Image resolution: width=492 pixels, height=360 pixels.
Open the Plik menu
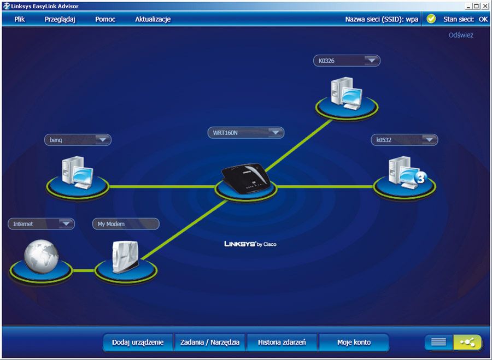pyautogui.click(x=20, y=19)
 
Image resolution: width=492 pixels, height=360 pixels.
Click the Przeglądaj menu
pyautogui.click(x=60, y=19)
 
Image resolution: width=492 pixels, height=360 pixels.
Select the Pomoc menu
pyautogui.click(x=105, y=19)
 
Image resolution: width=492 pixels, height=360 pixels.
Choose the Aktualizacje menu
pyautogui.click(x=153, y=19)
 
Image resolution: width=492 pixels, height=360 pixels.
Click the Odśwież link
pyautogui.click(x=461, y=35)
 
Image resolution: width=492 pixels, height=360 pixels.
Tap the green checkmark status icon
pyautogui.click(x=431, y=19)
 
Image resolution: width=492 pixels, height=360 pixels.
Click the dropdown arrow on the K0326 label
pyautogui.click(x=372, y=61)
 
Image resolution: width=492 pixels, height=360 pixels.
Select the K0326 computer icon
pyautogui.click(x=346, y=92)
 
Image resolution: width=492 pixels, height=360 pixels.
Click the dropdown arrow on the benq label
pyautogui.click(x=102, y=140)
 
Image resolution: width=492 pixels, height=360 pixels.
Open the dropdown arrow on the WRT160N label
pyautogui.click(x=276, y=132)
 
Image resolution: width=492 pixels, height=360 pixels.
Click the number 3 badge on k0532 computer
pyautogui.click(x=420, y=178)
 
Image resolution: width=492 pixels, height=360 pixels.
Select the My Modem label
pyautogui.click(x=126, y=224)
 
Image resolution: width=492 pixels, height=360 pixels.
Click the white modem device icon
pyautogui.click(x=125, y=255)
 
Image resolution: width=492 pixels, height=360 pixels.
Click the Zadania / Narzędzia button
pyautogui.click(x=210, y=343)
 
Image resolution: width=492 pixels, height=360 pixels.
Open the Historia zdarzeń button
pyautogui.click(x=282, y=343)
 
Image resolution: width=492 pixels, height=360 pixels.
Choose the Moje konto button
pyautogui.click(x=354, y=343)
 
